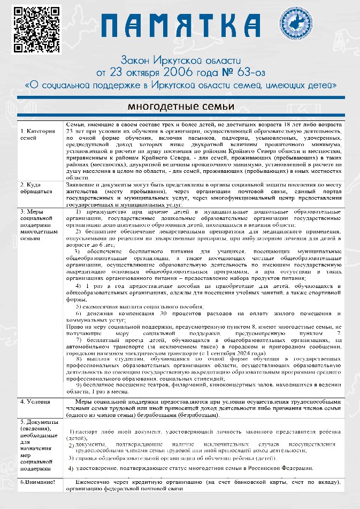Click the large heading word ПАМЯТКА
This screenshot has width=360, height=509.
[183, 26]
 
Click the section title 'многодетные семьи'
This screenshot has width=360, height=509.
[180, 107]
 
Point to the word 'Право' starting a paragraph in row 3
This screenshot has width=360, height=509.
[75, 325]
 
